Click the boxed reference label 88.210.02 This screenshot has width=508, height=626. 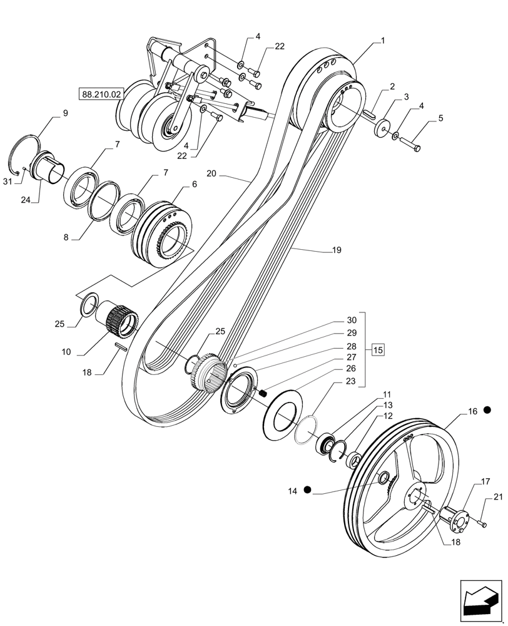point(102,94)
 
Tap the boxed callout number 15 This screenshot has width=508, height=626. point(378,349)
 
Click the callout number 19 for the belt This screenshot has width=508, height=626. point(337,250)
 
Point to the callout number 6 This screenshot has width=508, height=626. point(194,185)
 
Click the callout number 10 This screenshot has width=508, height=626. point(66,353)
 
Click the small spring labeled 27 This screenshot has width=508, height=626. point(263,393)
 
